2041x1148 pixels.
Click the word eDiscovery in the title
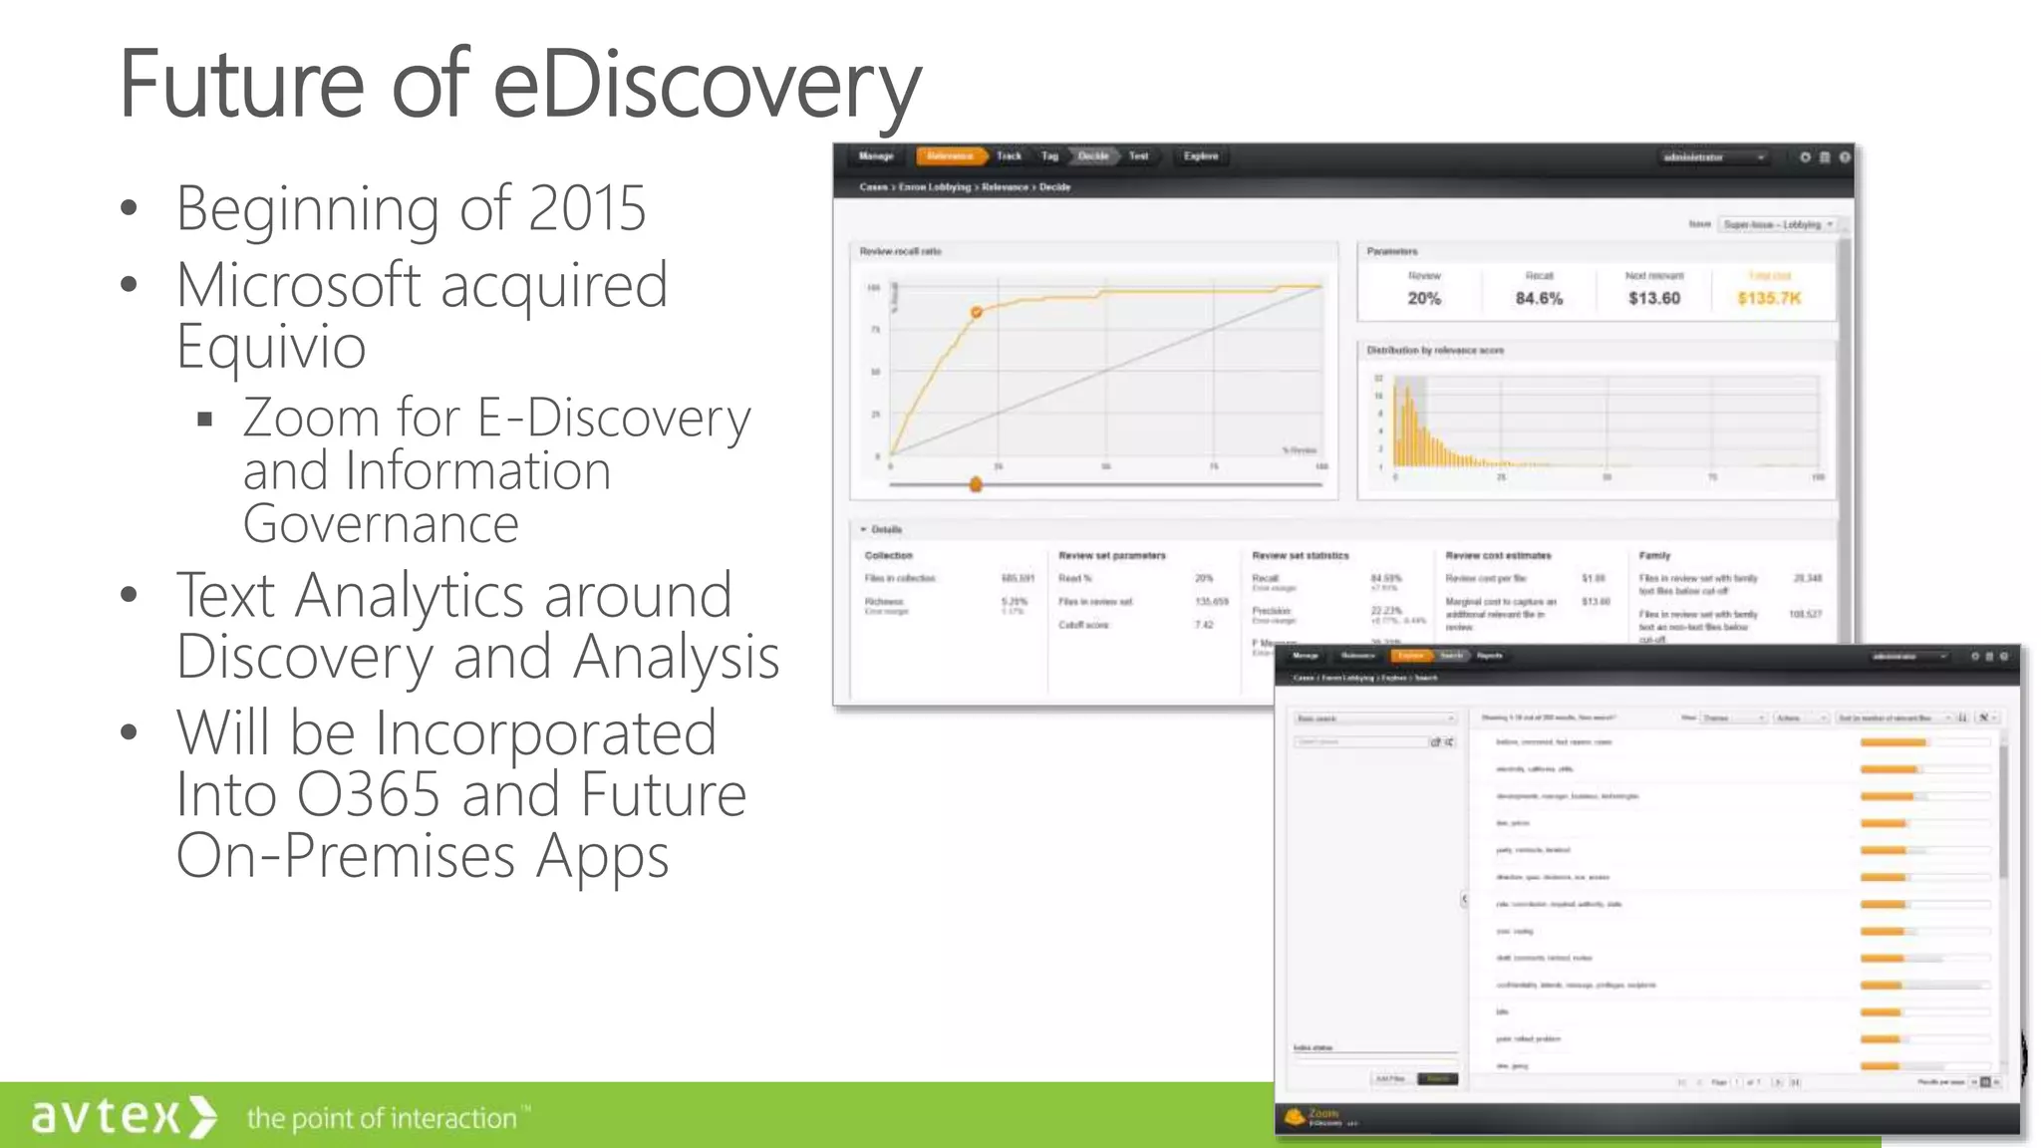click(706, 84)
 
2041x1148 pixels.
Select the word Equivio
click(271, 347)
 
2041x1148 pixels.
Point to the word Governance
click(381, 524)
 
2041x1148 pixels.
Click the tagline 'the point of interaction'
click(383, 1118)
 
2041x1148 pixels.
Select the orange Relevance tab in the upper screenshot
click(950, 156)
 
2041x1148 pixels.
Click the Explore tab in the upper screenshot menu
click(1200, 156)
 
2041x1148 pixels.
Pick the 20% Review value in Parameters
click(1424, 298)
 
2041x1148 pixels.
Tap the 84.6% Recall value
click(1539, 298)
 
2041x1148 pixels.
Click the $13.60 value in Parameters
click(1654, 298)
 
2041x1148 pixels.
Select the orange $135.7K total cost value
click(1769, 298)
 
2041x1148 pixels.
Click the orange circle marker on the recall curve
click(977, 313)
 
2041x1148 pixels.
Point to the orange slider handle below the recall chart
click(976, 484)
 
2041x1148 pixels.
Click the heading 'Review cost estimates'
click(1498, 556)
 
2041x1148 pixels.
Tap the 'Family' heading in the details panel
click(1654, 556)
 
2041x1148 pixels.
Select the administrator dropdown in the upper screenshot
click(1712, 157)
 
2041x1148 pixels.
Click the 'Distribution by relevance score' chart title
click(1435, 351)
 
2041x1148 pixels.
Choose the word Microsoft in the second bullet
click(298, 286)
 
